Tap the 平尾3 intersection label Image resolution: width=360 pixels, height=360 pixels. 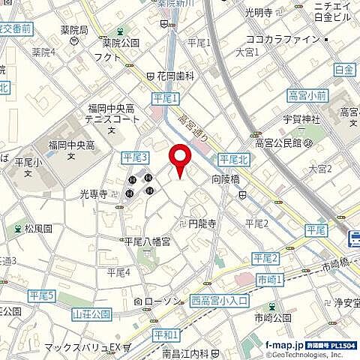click(135, 156)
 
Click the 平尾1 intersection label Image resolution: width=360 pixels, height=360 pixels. click(166, 98)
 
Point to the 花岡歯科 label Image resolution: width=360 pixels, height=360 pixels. click(175, 76)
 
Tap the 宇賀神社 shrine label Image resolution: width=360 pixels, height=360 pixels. click(306, 118)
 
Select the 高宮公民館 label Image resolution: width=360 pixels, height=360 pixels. click(278, 142)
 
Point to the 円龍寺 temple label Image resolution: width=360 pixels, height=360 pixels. click(202, 223)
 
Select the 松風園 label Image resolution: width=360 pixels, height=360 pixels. click(37, 228)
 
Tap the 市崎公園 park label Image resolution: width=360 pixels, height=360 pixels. click(272, 318)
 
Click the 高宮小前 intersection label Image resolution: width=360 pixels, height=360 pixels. click(307, 95)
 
